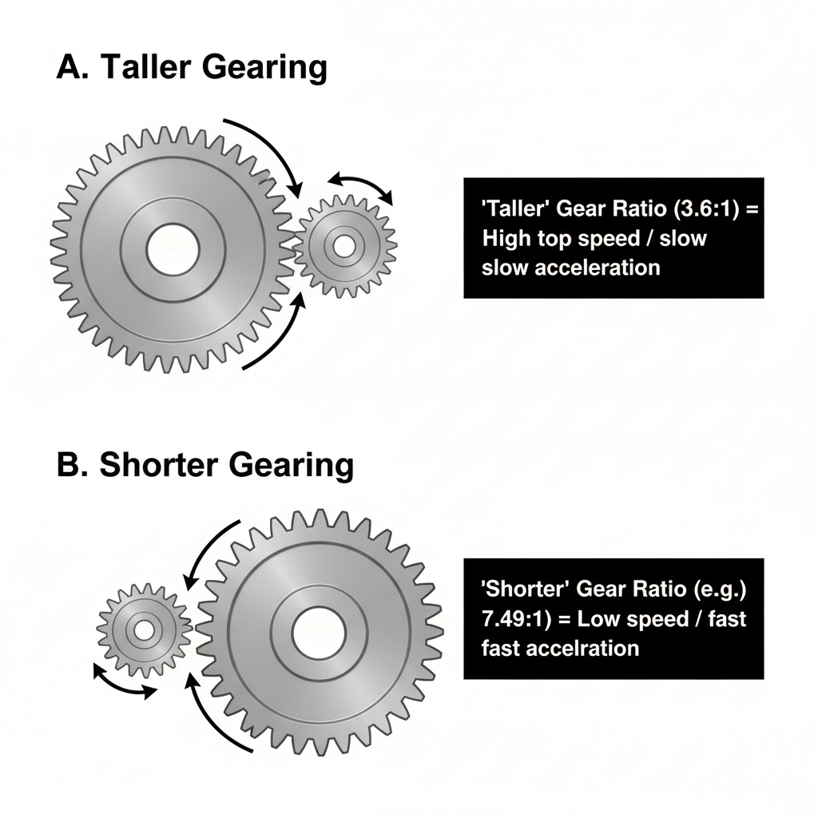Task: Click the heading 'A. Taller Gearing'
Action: [192, 69]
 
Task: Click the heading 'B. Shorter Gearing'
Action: [205, 466]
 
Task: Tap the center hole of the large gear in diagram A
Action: [173, 247]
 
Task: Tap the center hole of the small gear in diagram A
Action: [344, 246]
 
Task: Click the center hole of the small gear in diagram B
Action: [145, 630]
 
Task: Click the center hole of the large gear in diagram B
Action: [318, 633]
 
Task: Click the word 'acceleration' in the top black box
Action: [598, 267]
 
